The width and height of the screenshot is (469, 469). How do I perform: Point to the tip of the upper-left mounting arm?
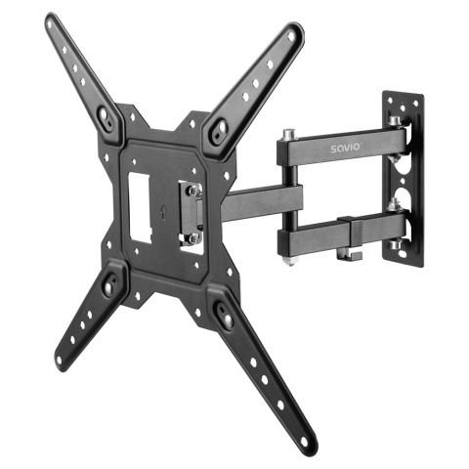coord(51,21)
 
